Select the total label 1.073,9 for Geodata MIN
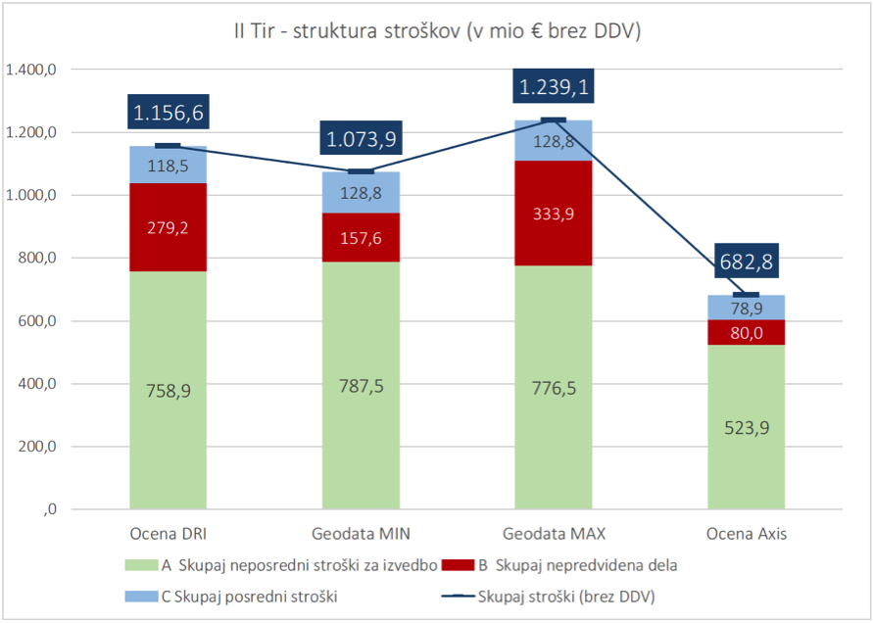pyautogui.click(x=362, y=139)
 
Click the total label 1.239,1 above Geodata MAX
pyautogui.click(x=554, y=88)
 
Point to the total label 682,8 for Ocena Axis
pyautogui.click(x=747, y=263)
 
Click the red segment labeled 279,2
pyautogui.click(x=168, y=227)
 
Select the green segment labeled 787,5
pyautogui.click(x=362, y=385)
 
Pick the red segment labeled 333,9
pyautogui.click(x=554, y=214)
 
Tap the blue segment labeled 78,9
pyautogui.click(x=747, y=308)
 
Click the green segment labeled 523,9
pyautogui.click(x=747, y=428)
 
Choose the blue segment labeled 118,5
pyautogui.click(x=168, y=166)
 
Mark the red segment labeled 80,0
pyautogui.click(x=747, y=332)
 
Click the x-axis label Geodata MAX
pyautogui.click(x=554, y=535)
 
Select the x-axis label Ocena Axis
pyautogui.click(x=747, y=535)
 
